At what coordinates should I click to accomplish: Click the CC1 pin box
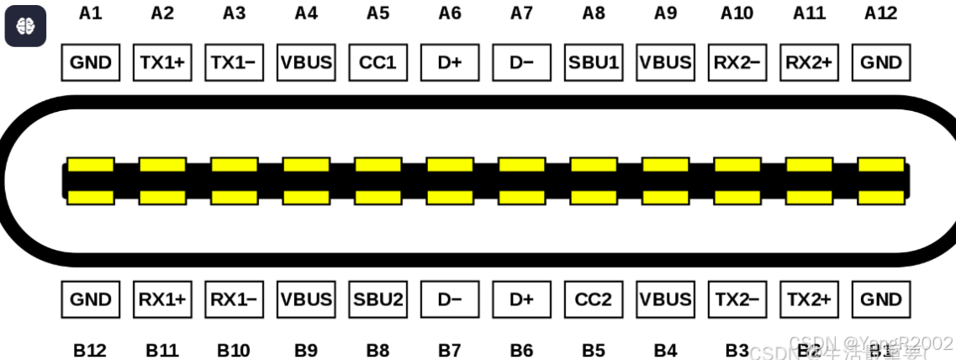pyautogui.click(x=378, y=62)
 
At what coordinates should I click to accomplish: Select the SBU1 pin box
pyautogui.click(x=594, y=62)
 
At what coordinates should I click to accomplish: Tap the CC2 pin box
pyautogui.click(x=594, y=299)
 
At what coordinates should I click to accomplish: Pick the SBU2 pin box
pyautogui.click(x=378, y=299)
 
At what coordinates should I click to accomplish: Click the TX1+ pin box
pyautogui.click(x=162, y=62)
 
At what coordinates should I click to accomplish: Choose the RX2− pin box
pyautogui.click(x=737, y=62)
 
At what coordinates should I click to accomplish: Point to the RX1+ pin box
pyautogui.click(x=162, y=299)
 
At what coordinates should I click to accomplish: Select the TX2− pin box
pyautogui.click(x=737, y=299)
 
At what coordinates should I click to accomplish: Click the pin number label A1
pyautogui.click(x=90, y=13)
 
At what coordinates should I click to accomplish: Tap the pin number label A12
pyautogui.click(x=880, y=13)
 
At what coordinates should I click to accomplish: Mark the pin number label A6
pyautogui.click(x=450, y=13)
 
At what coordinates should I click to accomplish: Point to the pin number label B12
pyautogui.click(x=90, y=351)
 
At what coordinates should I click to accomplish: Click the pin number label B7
pyautogui.click(x=450, y=351)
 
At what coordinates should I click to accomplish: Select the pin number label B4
pyautogui.click(x=665, y=351)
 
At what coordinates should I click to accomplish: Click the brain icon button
pyautogui.click(x=25, y=25)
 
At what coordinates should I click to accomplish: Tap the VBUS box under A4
pyautogui.click(x=306, y=62)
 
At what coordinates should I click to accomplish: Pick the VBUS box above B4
pyautogui.click(x=665, y=299)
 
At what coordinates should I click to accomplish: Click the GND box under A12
pyautogui.click(x=881, y=62)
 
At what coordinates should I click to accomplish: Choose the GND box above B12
pyautogui.click(x=91, y=299)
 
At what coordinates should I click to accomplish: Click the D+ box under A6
pyautogui.click(x=450, y=62)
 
